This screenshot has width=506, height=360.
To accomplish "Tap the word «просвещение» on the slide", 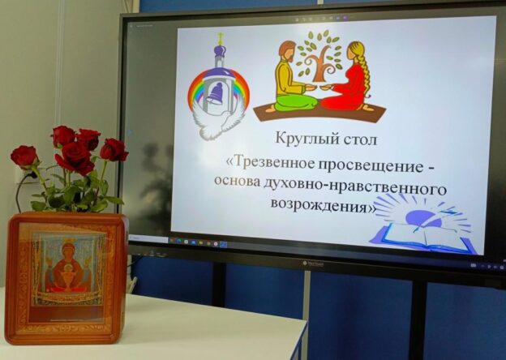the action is point(370,166).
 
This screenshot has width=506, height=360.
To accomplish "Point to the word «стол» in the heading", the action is point(359,139).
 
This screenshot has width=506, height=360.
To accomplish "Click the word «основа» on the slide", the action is point(238,181).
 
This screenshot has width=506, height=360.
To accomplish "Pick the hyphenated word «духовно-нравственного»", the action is point(356,186).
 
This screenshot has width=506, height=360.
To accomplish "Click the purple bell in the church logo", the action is point(215,93).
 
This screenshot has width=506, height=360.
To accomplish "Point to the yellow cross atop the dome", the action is point(221,38).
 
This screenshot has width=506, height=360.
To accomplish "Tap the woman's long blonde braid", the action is point(366,71).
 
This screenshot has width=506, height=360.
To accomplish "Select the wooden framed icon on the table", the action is point(66,278).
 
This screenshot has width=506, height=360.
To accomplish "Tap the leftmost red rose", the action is point(24,156).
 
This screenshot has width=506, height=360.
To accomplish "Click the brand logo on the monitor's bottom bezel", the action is point(313,264).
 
